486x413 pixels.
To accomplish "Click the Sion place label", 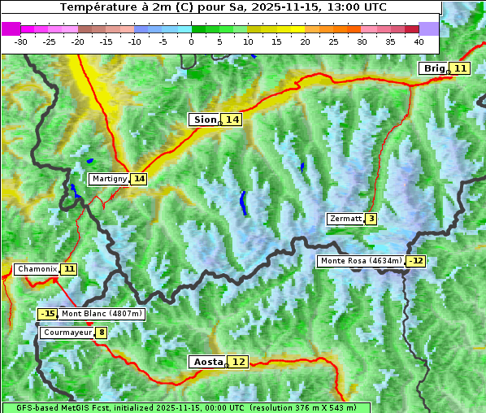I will coord(204,120).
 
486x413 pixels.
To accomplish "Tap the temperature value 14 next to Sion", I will coord(232,120).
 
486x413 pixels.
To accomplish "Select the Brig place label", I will coord(434,68).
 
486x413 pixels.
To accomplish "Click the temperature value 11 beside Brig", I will coord(460,68).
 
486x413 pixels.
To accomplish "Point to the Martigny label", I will coord(109,179).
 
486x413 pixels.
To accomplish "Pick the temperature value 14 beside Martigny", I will coord(139,179).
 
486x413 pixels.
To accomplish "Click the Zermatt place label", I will coord(345,219).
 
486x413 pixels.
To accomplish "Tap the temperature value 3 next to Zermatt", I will coord(371,219).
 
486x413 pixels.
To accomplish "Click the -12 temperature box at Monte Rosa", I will coord(416,261).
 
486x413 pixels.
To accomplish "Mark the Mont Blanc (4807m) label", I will coord(102,314).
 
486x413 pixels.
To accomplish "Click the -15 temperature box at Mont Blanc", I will coord(48,314).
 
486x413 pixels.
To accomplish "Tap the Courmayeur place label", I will coord(67,333).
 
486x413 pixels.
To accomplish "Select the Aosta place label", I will coord(206,362).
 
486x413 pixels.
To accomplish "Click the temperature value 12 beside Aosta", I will coord(238,362).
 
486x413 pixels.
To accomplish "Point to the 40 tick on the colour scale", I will coord(419,41).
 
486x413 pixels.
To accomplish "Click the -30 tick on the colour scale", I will coord(21,41).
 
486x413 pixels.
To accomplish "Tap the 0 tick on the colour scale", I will coord(191,41).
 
